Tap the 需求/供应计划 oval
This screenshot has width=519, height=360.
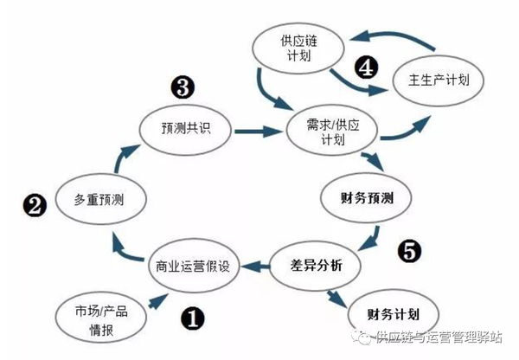tap(326, 132)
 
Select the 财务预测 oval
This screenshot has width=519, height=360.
tap(369, 198)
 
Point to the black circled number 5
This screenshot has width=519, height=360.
tap(408, 251)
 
